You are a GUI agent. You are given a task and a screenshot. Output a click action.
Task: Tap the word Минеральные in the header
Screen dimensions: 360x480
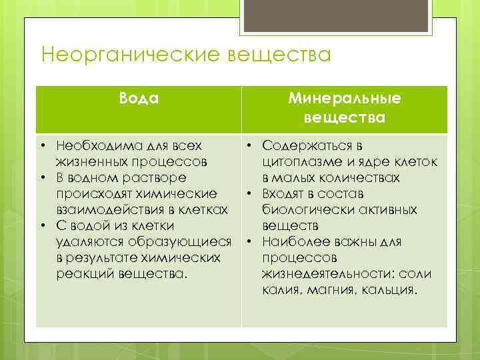345,99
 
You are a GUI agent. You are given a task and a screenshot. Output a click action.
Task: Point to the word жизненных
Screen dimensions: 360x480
86,161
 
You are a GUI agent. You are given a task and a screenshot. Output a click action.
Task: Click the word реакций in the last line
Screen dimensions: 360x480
79,275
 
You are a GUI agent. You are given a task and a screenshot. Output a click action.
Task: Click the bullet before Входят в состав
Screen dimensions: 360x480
247,194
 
